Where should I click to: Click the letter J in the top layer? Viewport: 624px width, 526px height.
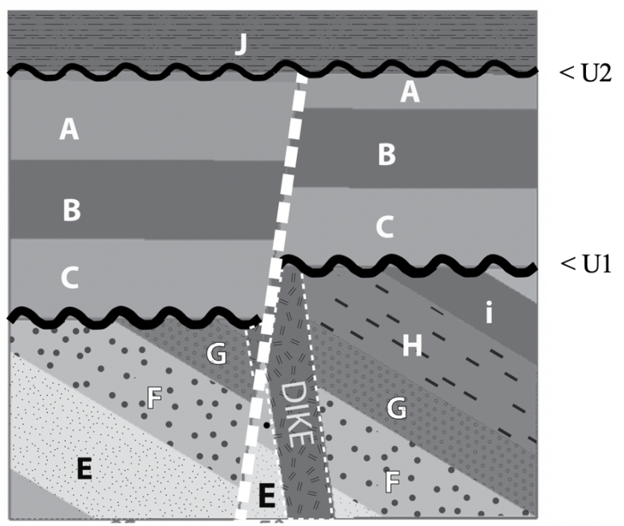[240, 46]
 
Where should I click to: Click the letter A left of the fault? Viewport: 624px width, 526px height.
[69, 131]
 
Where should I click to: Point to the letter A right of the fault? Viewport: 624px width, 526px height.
[408, 91]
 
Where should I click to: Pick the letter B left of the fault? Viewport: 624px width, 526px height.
[71, 210]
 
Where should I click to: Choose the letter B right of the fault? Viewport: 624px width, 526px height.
[386, 155]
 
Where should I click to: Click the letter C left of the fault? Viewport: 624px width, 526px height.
[69, 278]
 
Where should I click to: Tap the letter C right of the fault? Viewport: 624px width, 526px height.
[384, 227]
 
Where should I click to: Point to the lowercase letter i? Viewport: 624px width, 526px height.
[488, 313]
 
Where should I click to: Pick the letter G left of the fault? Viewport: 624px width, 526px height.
[216, 354]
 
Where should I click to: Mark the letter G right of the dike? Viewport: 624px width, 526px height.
[399, 409]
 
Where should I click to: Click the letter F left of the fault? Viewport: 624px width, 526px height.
[154, 398]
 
